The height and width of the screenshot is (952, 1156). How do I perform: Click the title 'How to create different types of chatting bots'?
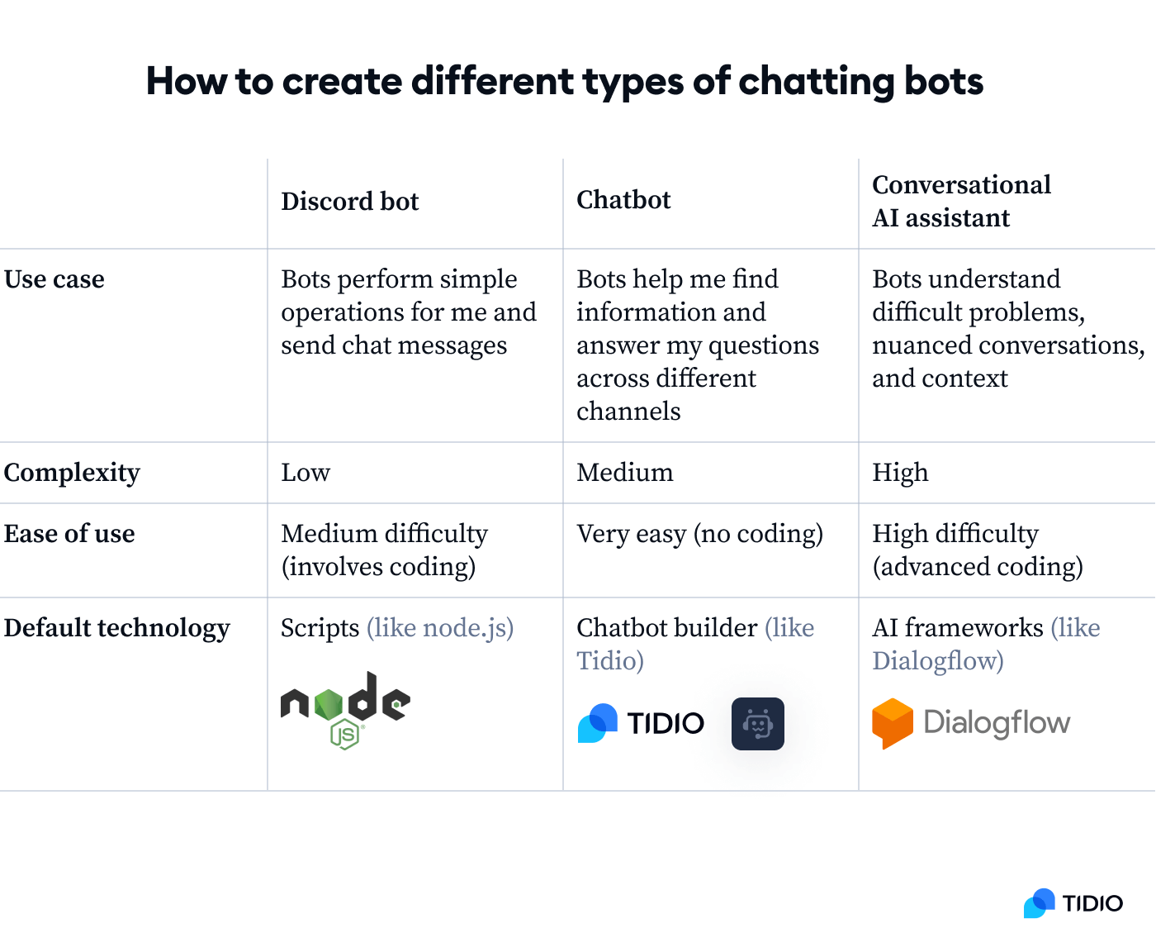point(565,82)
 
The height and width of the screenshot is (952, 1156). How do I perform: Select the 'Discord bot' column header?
point(349,202)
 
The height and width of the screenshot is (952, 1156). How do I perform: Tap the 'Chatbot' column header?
point(623,200)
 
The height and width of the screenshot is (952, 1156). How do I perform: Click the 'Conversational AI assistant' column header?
point(961,201)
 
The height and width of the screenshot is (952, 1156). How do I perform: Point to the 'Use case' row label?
point(54,279)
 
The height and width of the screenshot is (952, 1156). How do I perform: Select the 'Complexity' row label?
point(72,473)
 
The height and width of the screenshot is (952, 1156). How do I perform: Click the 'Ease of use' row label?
point(69,534)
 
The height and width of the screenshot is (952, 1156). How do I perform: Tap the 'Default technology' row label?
point(116,628)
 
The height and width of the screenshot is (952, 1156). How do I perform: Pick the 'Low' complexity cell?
point(306,473)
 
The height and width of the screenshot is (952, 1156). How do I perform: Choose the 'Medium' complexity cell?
point(624,473)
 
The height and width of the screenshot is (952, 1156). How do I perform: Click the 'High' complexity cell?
point(900,473)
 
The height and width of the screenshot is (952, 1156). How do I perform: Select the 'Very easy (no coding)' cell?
point(699,534)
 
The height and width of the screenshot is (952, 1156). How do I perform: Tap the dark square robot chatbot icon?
point(757,724)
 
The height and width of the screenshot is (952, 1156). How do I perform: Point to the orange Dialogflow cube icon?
point(892,723)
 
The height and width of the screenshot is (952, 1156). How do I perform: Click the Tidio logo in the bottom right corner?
point(1073,903)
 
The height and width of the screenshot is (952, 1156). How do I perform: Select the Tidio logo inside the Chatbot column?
point(641,723)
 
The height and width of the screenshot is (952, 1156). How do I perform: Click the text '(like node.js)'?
point(440,628)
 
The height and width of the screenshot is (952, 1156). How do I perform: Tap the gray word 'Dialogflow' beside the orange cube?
point(997,723)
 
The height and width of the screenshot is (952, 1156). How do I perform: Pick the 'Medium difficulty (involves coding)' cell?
point(384,550)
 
